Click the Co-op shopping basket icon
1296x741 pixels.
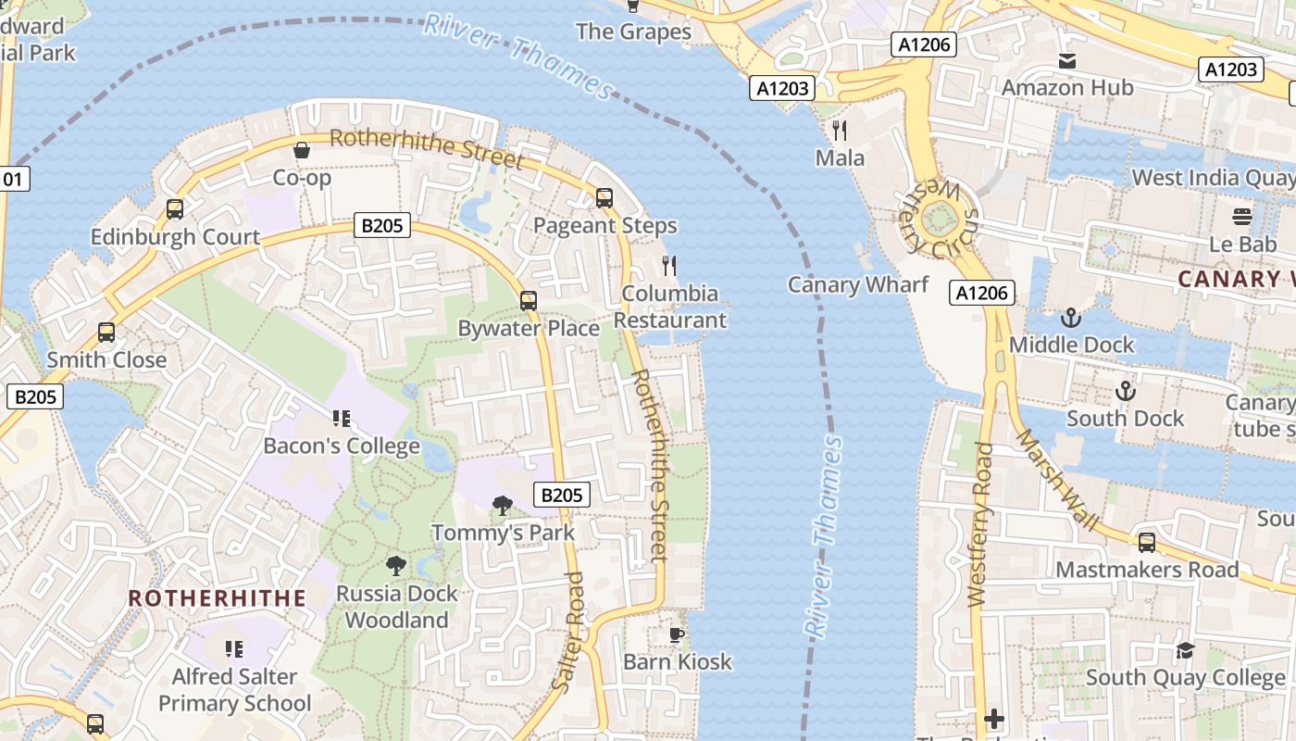tap(302, 150)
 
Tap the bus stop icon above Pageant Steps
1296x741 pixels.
tap(604, 197)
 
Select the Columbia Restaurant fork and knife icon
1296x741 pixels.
tap(670, 266)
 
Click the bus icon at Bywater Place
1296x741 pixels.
tap(529, 300)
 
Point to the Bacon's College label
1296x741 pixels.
tap(342, 446)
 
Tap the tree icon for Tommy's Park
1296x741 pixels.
tap(503, 505)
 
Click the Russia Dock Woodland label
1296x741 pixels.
tap(396, 607)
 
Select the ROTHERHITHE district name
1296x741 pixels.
tap(217, 598)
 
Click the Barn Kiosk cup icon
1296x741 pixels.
tap(677, 634)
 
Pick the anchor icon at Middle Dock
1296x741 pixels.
tap(1071, 318)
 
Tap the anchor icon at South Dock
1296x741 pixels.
tap(1125, 391)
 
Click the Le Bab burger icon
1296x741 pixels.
tap(1242, 217)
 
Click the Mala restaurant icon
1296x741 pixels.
tap(840, 130)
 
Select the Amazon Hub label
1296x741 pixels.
tap(1067, 88)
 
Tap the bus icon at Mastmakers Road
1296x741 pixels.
tap(1147, 542)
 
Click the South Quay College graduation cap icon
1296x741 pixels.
tap(1185, 650)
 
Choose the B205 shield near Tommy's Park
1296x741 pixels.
tap(562, 495)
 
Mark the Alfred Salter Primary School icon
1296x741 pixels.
tap(234, 648)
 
